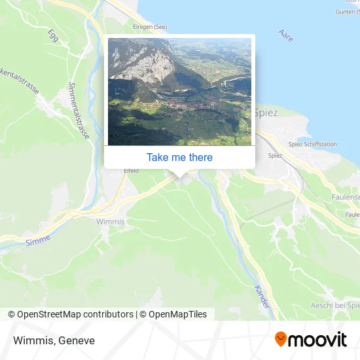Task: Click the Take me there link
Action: pyautogui.click(x=179, y=157)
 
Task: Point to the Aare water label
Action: pyautogui.click(x=285, y=35)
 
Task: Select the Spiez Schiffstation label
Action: pyautogui.click(x=313, y=144)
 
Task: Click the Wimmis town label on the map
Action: pyautogui.click(x=110, y=222)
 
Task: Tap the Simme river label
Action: pyautogui.click(x=37, y=242)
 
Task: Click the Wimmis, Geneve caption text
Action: pyautogui.click(x=53, y=340)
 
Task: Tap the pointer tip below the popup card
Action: pyautogui.click(x=179, y=175)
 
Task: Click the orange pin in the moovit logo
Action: pyautogui.click(x=281, y=340)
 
